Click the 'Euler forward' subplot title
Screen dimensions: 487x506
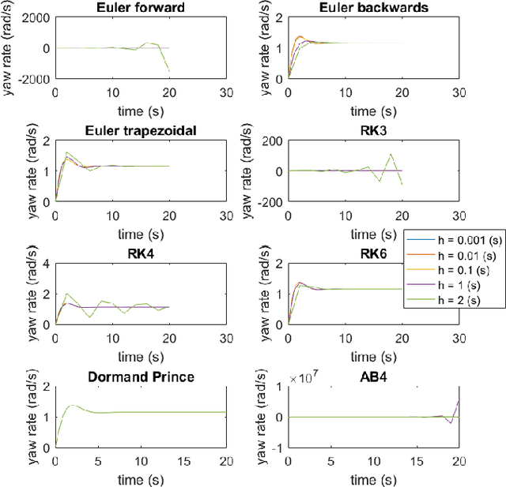(141, 8)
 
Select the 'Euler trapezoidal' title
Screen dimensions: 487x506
(141, 130)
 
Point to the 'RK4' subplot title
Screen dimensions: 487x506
(141, 252)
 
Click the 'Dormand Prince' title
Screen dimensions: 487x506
(141, 376)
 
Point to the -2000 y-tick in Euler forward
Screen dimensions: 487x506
(35, 79)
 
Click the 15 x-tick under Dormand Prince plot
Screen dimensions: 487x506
(183, 460)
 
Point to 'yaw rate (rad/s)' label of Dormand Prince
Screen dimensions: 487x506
(9, 416)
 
